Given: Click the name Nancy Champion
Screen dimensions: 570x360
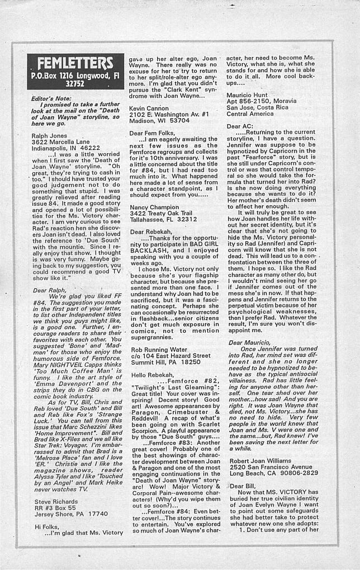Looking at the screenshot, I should [156, 207].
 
